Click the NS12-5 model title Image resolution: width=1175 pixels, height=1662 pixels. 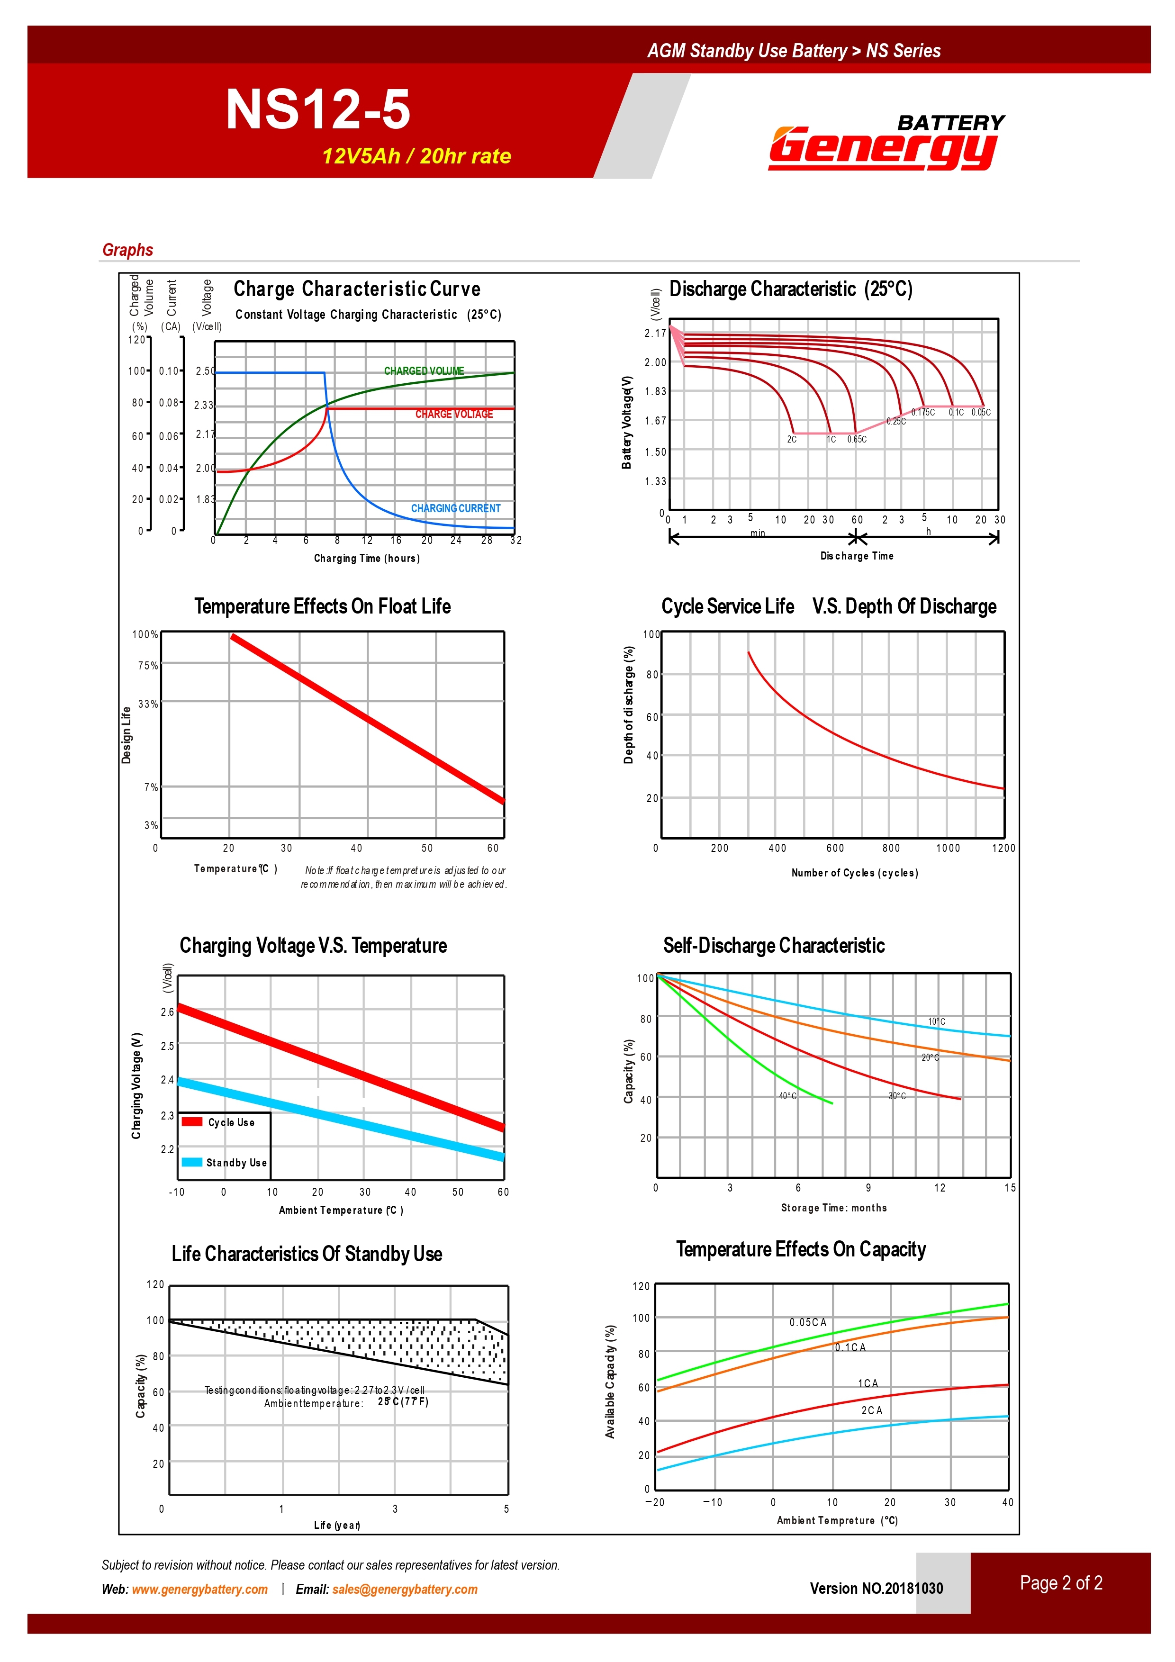(x=318, y=109)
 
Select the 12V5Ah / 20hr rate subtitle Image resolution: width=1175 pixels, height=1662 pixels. (x=416, y=156)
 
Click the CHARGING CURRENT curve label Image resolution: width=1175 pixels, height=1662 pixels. (x=455, y=508)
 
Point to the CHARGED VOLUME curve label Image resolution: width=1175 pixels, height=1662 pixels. (x=424, y=370)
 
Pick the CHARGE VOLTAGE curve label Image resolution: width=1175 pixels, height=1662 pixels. (x=454, y=414)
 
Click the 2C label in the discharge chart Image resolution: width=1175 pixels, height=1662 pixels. (x=791, y=439)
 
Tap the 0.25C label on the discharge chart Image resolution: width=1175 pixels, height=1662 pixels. (x=895, y=421)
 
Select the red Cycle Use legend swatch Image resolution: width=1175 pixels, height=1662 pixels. (x=192, y=1121)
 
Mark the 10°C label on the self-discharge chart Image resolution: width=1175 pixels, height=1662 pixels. (x=936, y=1022)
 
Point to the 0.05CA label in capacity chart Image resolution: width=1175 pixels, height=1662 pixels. (x=808, y=1322)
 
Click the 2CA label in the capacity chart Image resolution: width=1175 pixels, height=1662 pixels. (x=872, y=1411)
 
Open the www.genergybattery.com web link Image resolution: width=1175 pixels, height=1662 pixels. (x=200, y=1589)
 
